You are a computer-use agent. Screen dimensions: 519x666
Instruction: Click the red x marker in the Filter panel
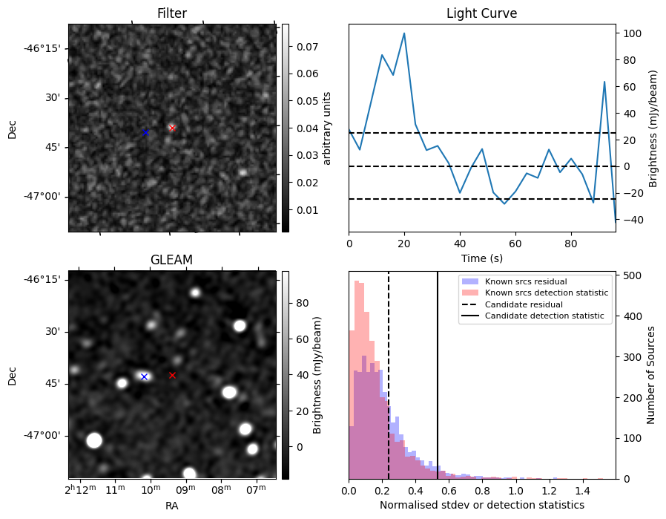(172, 128)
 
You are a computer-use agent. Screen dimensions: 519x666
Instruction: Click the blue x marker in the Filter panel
(145, 132)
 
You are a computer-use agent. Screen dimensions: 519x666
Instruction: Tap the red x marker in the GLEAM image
(172, 375)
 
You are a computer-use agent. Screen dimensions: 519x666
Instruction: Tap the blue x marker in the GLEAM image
(144, 376)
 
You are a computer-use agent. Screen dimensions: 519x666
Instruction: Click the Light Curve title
(481, 13)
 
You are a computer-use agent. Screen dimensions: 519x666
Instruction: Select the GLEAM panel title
(171, 260)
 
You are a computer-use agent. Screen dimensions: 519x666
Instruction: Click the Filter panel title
(171, 13)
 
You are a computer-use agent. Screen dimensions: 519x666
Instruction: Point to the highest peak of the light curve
(404, 33)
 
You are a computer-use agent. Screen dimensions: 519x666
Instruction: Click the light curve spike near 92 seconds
(604, 82)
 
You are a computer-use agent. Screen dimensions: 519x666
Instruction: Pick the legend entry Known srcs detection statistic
(547, 293)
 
